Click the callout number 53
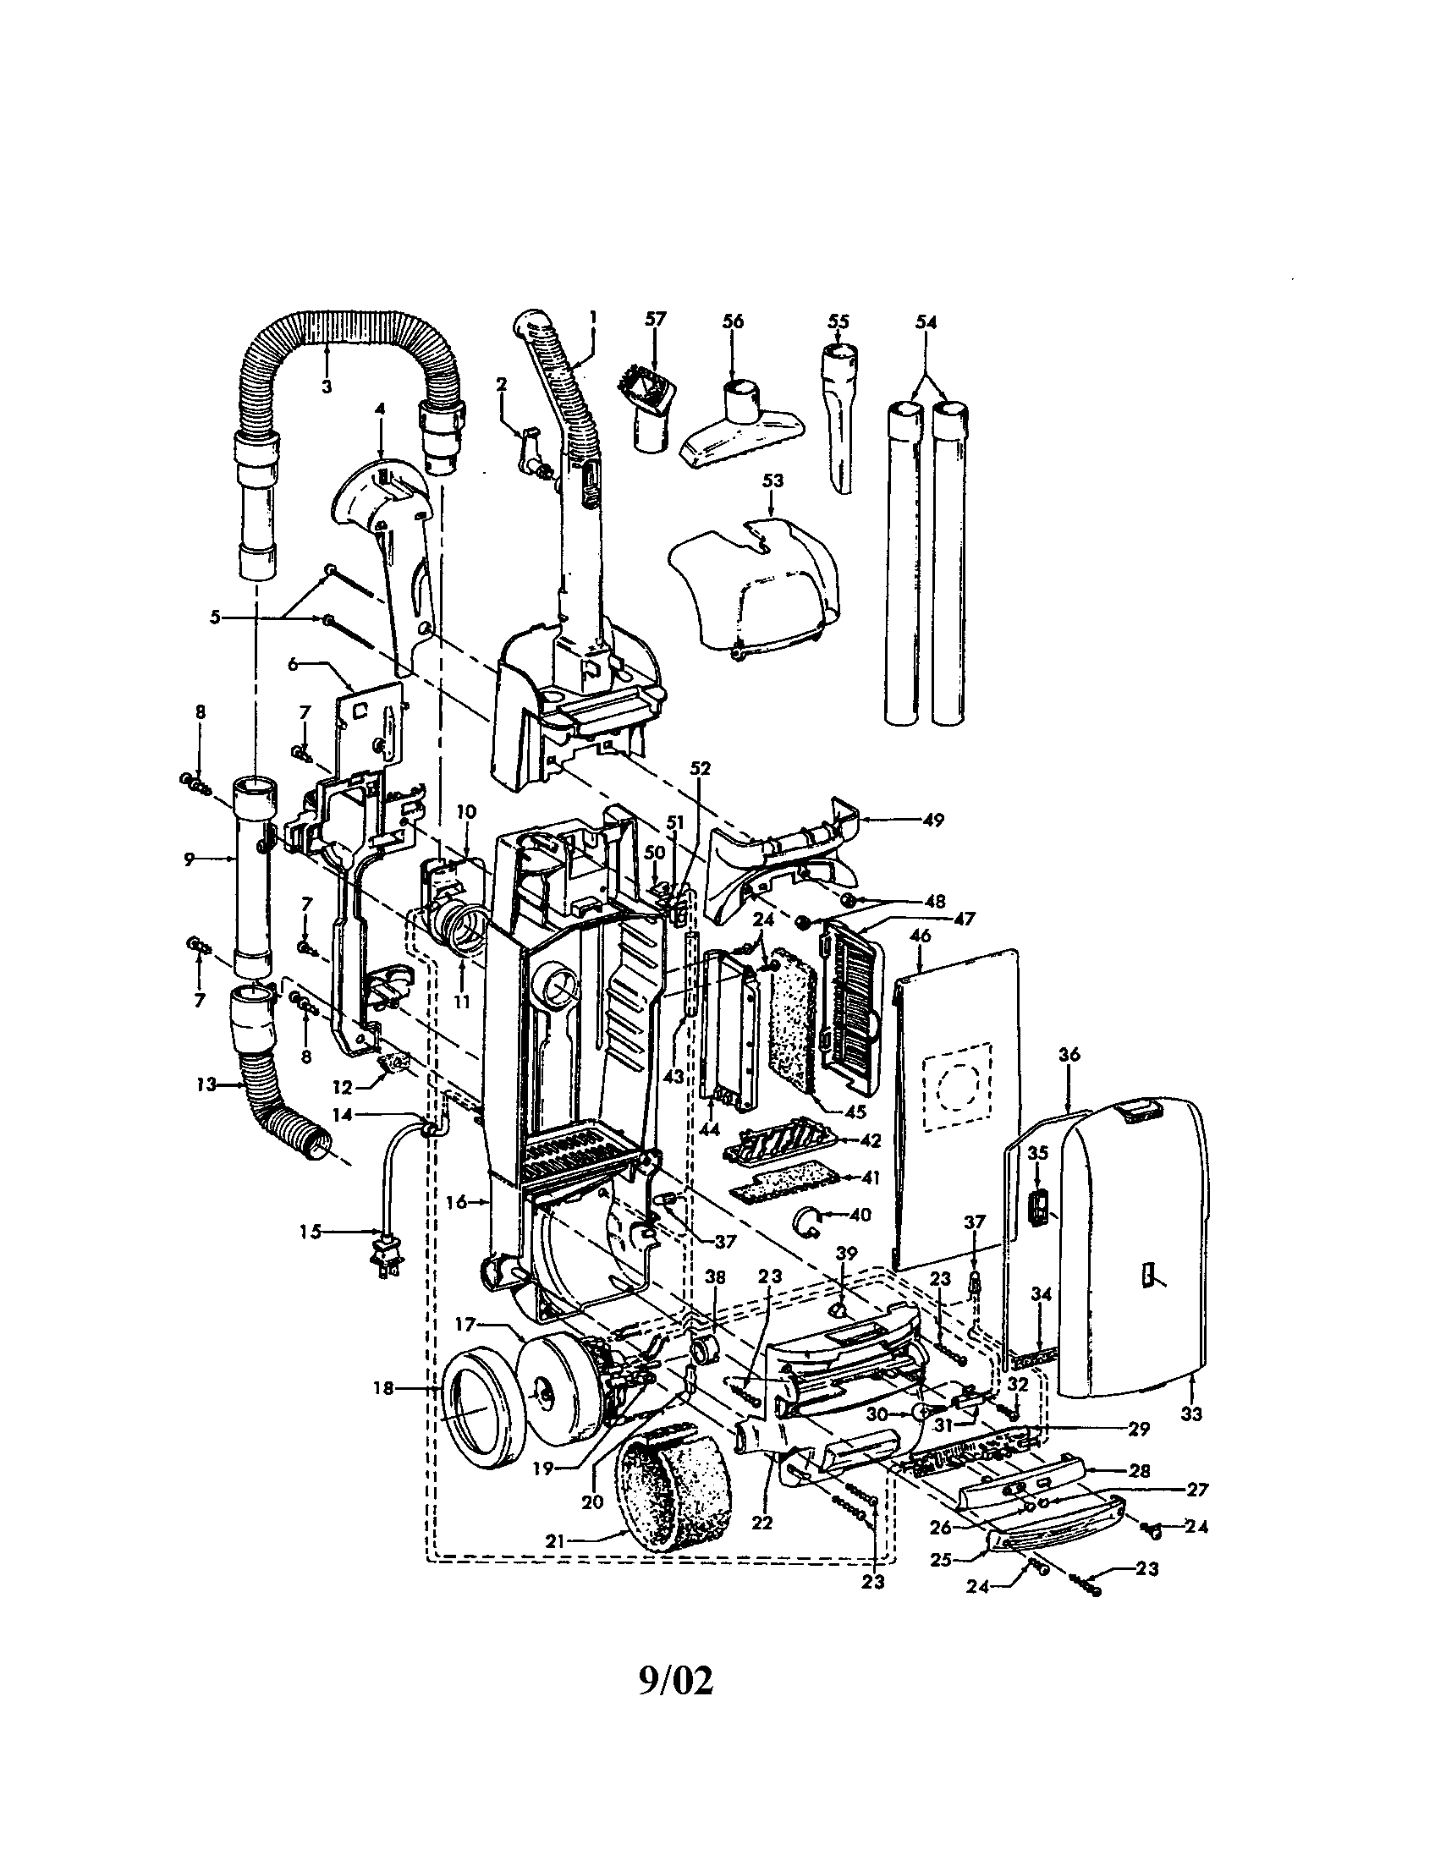pos(772,481)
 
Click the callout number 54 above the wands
pos(926,322)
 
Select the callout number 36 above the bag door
pos(1069,1054)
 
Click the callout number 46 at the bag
pos(921,936)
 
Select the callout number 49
pos(934,820)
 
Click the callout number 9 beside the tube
pos(190,859)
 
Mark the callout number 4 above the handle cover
pos(379,409)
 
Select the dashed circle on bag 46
pos(960,1088)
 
